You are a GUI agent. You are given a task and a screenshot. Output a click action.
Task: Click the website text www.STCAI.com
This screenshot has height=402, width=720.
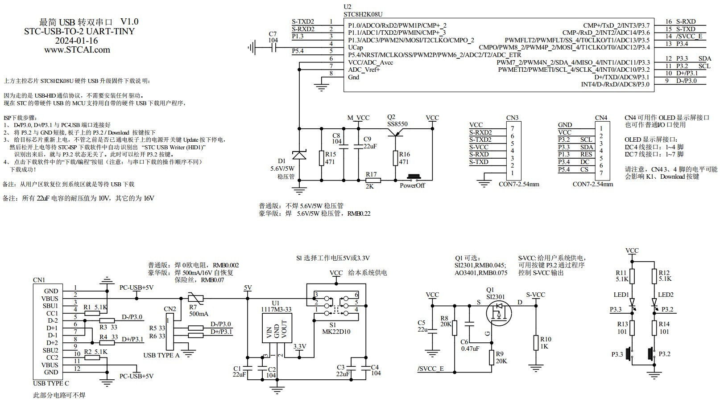77,50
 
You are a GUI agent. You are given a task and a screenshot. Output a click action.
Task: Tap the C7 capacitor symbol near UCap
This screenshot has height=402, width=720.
273,46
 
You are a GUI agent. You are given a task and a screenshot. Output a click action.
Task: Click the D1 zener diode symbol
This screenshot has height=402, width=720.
298,156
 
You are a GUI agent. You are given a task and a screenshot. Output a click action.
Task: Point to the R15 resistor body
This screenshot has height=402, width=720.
321,158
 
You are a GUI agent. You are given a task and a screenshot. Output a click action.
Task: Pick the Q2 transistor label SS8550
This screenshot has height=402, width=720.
397,124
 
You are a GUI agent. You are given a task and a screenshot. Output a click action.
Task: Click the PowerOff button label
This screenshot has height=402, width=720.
412,186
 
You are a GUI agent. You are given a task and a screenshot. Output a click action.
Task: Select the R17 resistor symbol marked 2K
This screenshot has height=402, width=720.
372,180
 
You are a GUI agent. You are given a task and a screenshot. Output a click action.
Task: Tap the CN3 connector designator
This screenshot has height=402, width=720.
512,118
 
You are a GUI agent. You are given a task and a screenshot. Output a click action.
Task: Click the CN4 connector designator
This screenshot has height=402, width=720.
601,118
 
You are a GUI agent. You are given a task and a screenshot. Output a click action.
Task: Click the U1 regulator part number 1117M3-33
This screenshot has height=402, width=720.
276,309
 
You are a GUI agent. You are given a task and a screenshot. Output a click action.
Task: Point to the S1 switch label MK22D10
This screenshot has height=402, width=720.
336,332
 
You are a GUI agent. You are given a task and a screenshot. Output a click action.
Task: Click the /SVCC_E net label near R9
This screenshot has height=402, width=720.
430,369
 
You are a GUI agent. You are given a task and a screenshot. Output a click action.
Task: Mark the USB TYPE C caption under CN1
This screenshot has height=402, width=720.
51,383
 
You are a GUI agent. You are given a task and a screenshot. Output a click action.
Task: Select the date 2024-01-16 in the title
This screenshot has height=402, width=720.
76,41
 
